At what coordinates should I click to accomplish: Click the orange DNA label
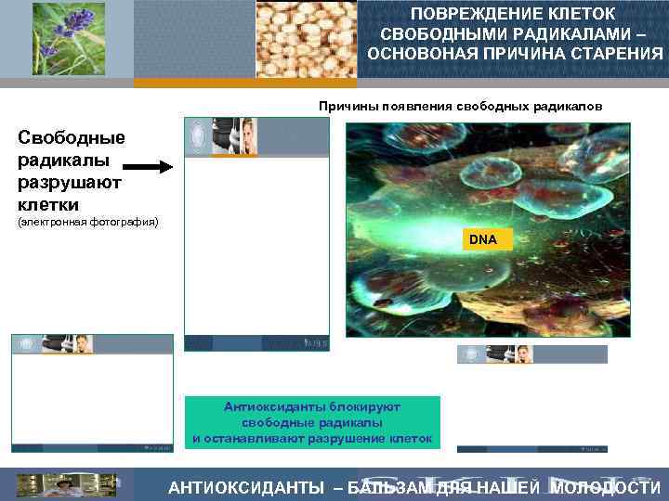[x=483, y=239]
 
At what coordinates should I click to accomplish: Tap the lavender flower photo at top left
[x=69, y=39]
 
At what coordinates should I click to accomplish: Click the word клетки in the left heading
[x=48, y=203]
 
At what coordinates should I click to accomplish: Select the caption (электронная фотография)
[x=88, y=223]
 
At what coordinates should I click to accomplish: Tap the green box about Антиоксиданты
[x=312, y=422]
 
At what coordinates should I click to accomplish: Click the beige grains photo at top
[x=306, y=39]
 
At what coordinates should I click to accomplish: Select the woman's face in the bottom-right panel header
[x=523, y=354]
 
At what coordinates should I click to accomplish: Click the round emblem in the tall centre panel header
[x=197, y=136]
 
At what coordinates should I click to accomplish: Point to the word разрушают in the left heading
[x=69, y=182]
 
